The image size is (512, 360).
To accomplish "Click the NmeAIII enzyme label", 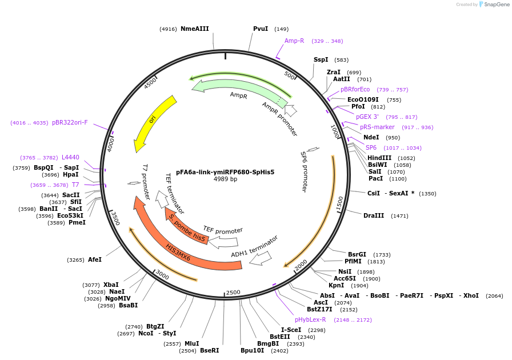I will [194, 29].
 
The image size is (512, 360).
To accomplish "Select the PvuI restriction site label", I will [261, 29].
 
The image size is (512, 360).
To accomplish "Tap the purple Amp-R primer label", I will [294, 41].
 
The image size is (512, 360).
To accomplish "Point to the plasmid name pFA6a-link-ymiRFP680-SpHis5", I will [225, 171].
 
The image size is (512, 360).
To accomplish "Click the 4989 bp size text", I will [225, 179].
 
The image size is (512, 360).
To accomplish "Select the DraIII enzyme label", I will [374, 216].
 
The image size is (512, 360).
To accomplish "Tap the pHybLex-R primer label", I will [310, 319].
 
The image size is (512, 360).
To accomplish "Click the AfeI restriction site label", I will [94, 259].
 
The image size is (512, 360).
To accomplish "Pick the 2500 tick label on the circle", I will [233, 293].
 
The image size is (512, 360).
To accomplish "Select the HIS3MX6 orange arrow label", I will [178, 251].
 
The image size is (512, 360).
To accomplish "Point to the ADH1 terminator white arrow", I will [260, 258].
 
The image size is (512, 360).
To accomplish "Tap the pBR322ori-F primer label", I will [70, 122].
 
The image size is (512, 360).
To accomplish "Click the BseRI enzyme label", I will [209, 350].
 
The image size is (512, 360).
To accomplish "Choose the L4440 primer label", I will [70, 157].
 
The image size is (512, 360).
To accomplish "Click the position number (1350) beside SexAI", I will [427, 194].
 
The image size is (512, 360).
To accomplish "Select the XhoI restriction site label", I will [471, 295].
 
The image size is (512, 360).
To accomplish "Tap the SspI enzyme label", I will [321, 59].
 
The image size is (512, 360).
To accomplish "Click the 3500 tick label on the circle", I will [114, 218].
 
